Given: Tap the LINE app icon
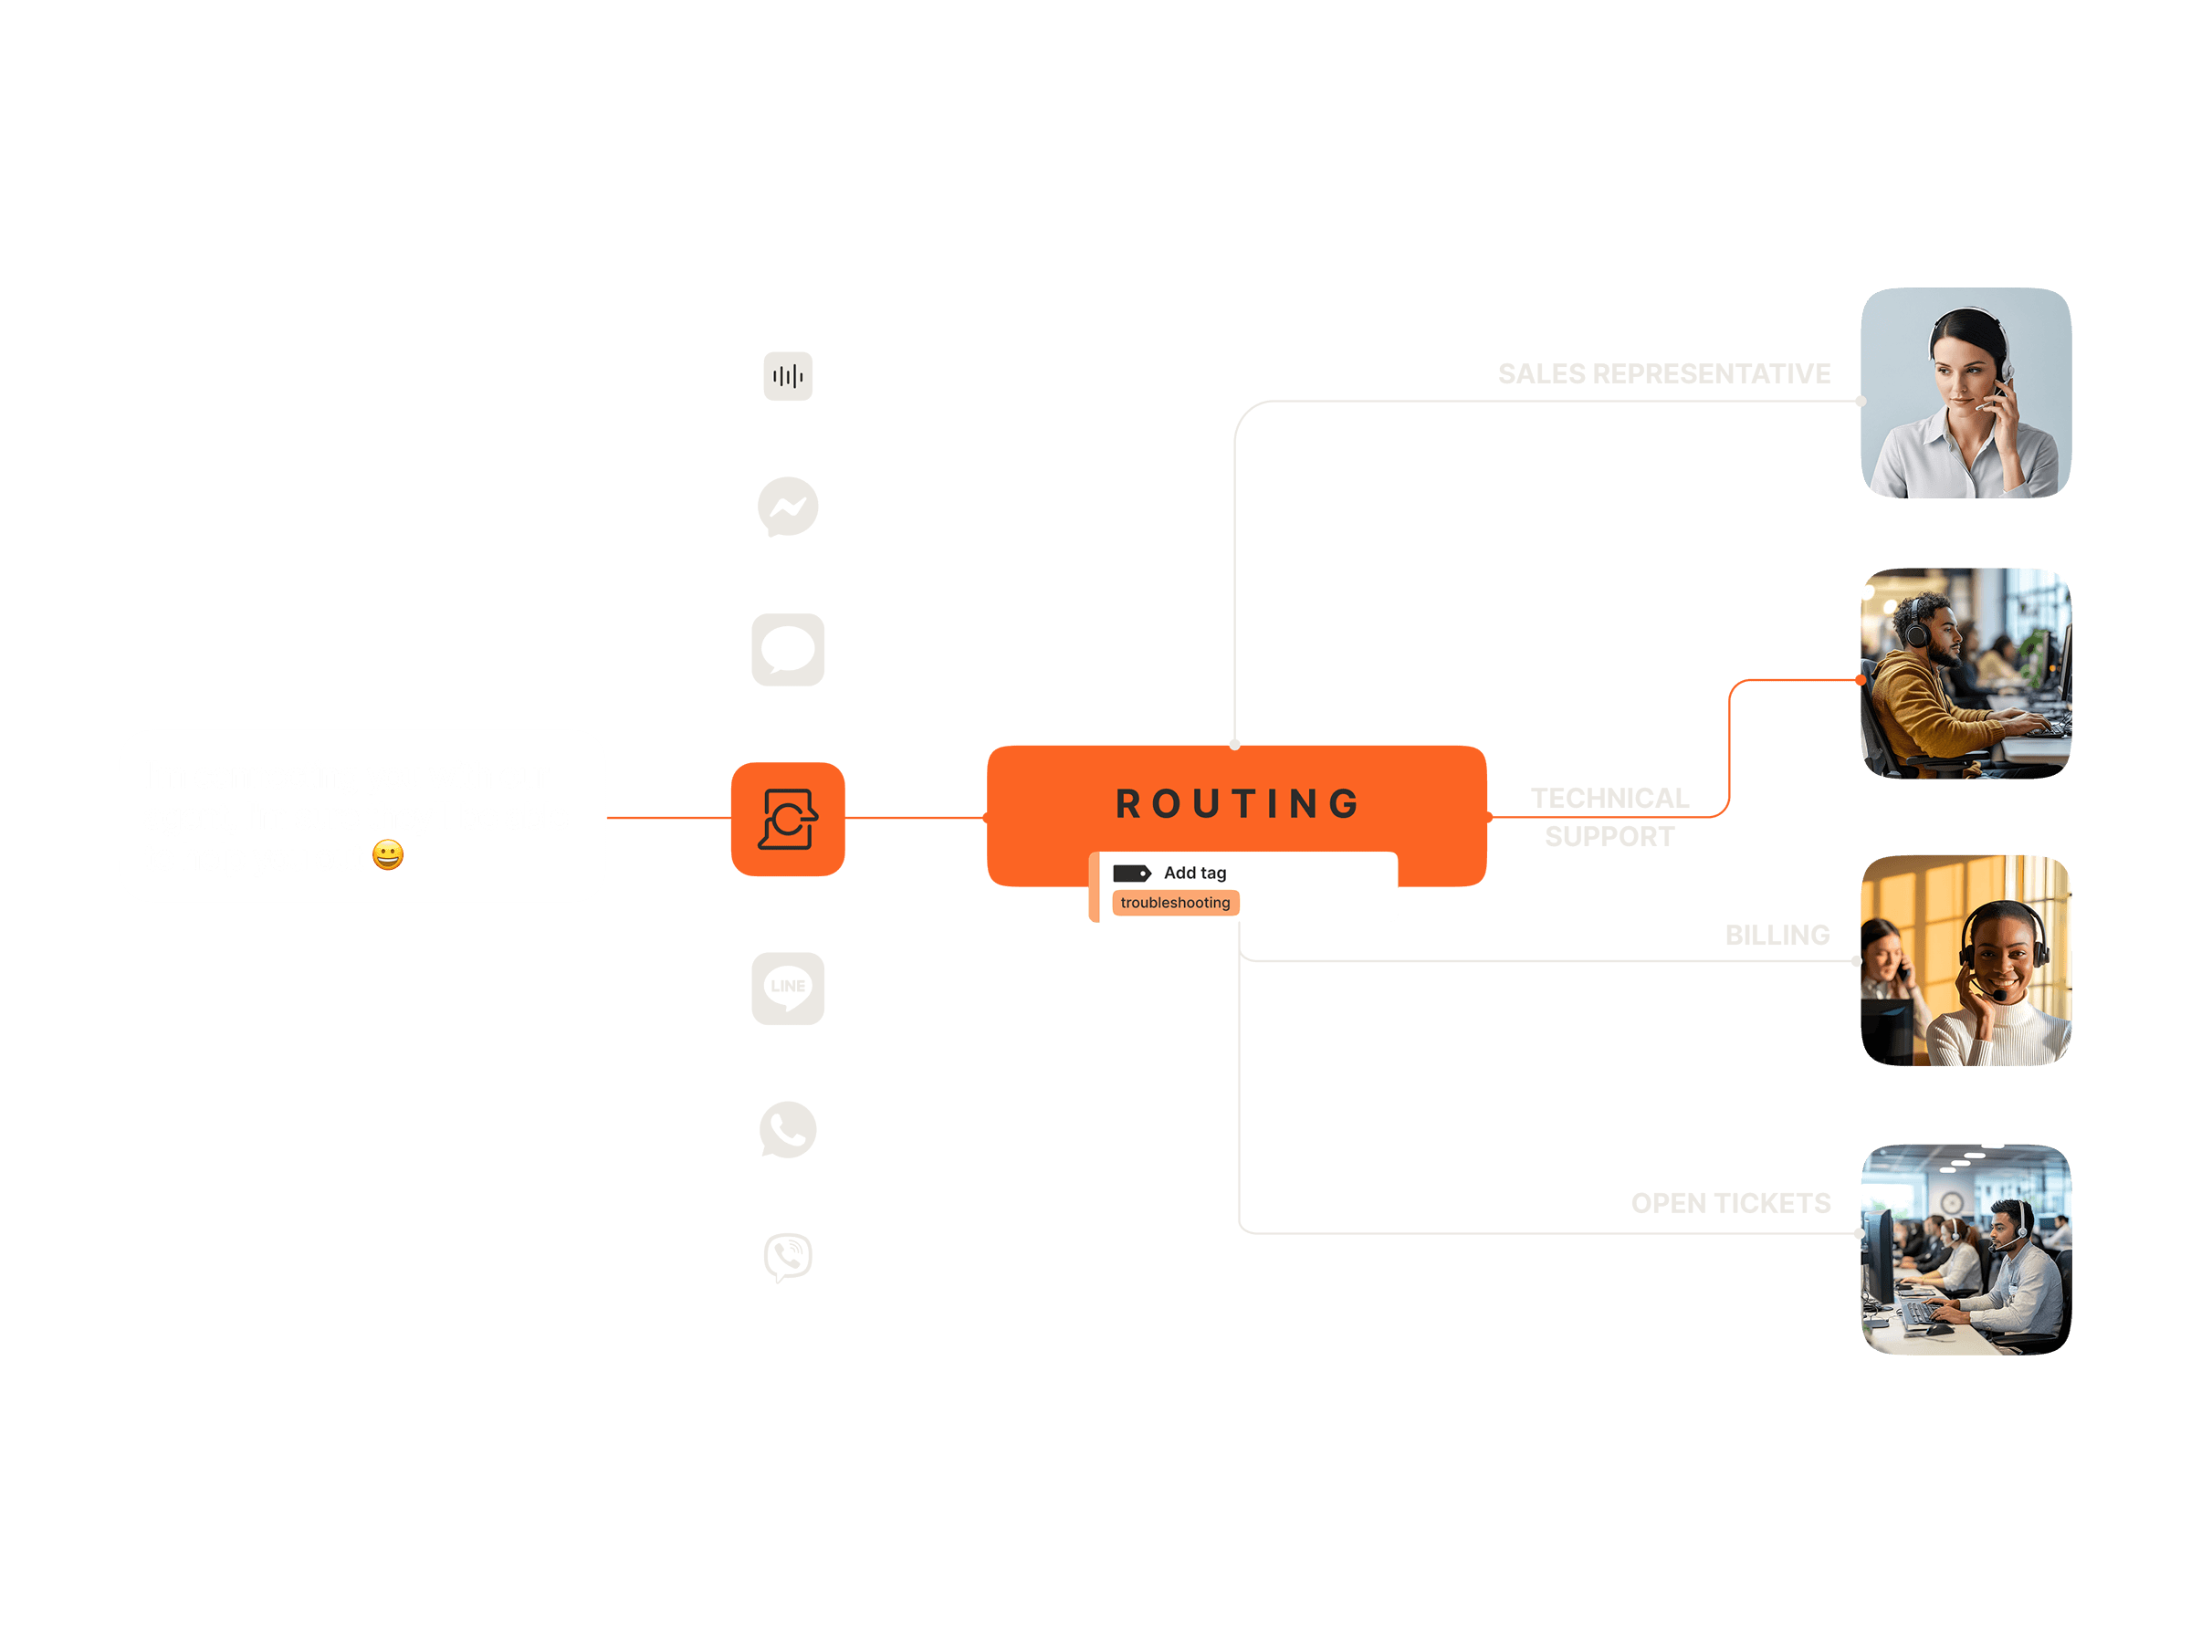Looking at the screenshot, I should pos(788,988).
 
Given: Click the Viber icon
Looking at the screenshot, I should pos(788,1257).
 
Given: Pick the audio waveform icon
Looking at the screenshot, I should pos(788,376).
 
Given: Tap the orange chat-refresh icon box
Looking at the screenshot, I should pos(788,819).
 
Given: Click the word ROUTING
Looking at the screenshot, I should pos(1237,803).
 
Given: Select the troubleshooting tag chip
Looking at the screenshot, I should pos(1175,902).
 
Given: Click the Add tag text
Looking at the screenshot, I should pos(1194,873).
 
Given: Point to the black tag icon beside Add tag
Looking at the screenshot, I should pos(1131,873).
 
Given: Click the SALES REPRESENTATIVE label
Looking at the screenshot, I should pos(1663,374).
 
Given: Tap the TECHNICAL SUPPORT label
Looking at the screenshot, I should pos(1609,817).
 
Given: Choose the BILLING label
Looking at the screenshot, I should pos(1777,935).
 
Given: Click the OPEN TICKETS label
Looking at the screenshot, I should pos(1730,1203).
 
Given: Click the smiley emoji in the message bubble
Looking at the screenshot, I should pos(388,854).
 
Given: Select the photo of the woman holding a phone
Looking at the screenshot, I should pos(1966,393).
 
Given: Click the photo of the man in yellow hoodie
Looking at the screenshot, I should pos(1966,674).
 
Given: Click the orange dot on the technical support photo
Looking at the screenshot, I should pos(1861,680).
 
